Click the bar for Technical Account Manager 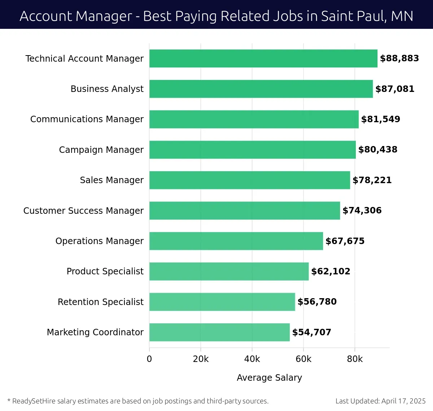(263, 58)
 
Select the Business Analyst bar (261, 89)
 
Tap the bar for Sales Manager (249, 180)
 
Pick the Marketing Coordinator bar (219, 332)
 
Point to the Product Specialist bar (229, 271)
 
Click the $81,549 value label (380, 119)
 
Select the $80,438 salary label (377, 150)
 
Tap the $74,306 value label (362, 211)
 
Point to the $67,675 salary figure (345, 241)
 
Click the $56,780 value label (317, 302)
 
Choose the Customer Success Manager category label (83, 211)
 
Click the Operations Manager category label (99, 241)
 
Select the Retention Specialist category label (100, 302)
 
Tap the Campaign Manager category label (101, 150)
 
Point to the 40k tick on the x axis (252, 359)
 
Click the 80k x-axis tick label (355, 359)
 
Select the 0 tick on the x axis (149, 359)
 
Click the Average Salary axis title (269, 377)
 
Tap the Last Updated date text (380, 401)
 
